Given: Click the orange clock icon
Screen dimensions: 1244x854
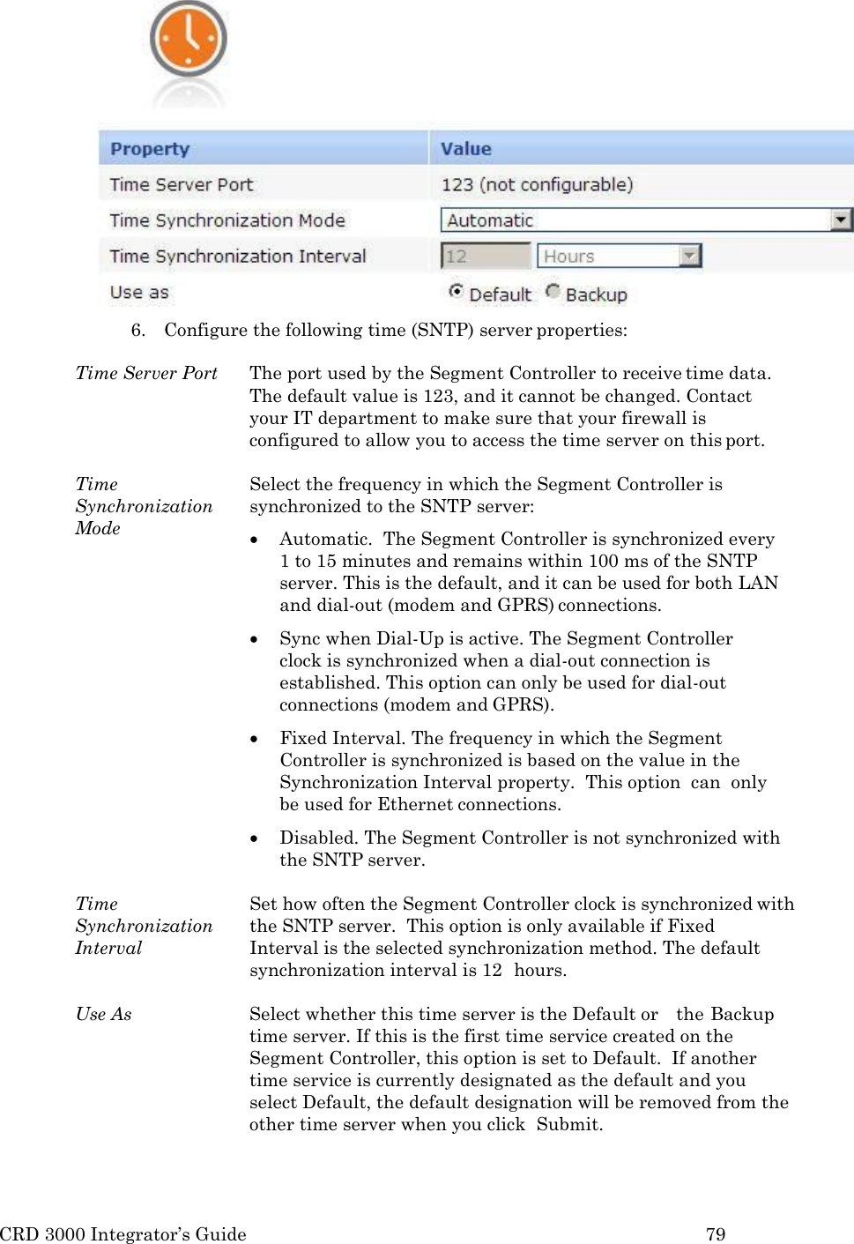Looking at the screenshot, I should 188,40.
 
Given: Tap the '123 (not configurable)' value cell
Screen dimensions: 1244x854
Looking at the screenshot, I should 537,184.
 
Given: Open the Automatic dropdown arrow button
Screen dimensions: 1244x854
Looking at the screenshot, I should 842,220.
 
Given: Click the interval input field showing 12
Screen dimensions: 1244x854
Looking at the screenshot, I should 485,257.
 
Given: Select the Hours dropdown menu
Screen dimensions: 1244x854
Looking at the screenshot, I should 619,257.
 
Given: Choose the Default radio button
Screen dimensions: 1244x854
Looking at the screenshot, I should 456,291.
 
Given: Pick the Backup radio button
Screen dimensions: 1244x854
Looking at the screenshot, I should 553,291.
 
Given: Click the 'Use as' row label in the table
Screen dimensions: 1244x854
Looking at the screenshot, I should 139,293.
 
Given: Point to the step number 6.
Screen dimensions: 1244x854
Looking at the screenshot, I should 137,331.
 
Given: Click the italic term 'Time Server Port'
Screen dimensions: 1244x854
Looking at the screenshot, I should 146,373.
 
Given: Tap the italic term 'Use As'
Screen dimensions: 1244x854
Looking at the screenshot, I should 103,1014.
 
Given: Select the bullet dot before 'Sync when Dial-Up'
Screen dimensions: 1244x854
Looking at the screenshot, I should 255,639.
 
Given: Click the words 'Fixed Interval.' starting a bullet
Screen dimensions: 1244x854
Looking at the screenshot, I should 342,738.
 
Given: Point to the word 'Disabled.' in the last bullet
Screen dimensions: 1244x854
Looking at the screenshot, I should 318,838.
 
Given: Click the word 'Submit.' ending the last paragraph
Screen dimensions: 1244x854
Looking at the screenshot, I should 569,1124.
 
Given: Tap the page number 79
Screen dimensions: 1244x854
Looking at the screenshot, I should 716,1234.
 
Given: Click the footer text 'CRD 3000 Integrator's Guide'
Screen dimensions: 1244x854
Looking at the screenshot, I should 123,1234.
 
